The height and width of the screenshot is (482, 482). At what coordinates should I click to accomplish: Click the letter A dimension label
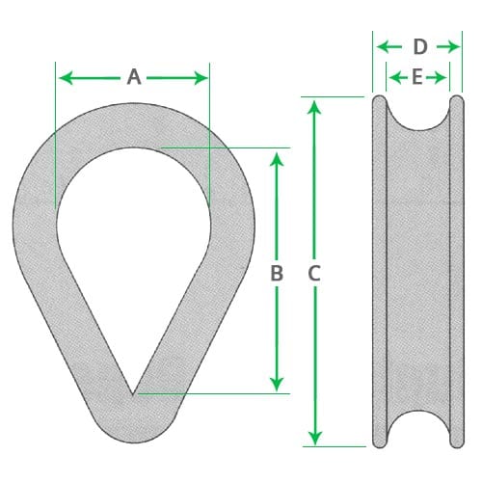tap(133, 77)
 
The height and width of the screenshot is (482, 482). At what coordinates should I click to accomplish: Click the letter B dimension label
tap(277, 274)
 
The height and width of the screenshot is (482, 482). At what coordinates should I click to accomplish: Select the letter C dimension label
tap(313, 274)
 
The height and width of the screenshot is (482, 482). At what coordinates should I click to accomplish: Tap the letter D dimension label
tap(419, 46)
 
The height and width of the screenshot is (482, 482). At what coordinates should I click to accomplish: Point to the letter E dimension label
tap(416, 77)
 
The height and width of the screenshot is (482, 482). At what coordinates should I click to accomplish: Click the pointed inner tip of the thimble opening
tap(133, 392)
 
